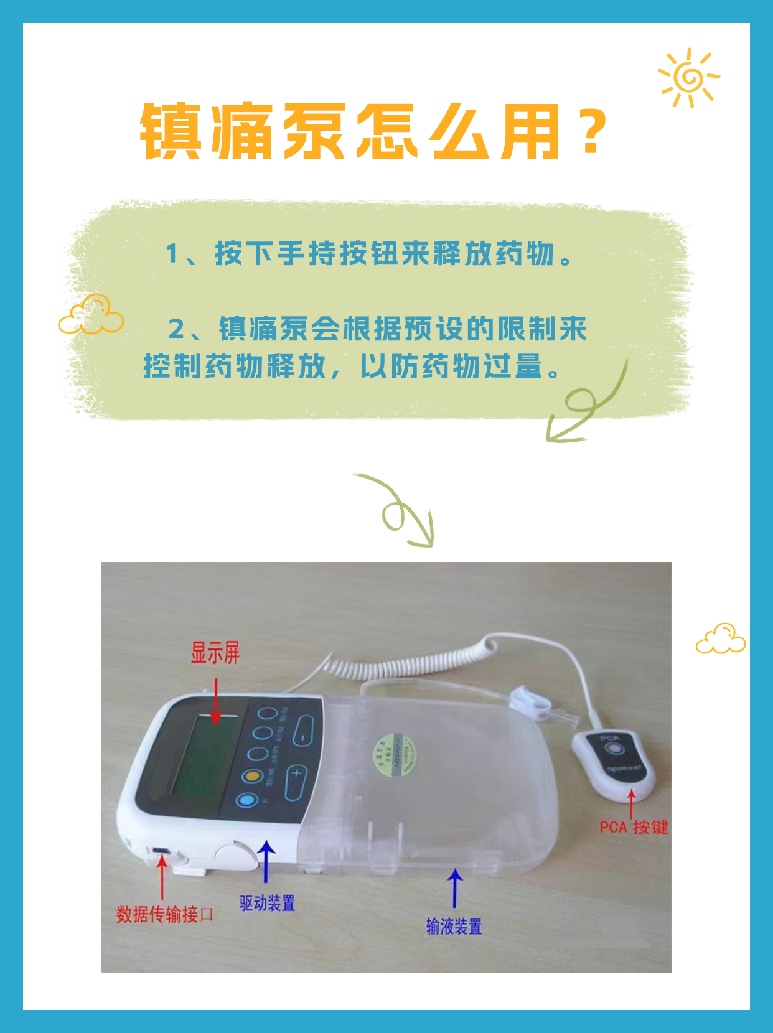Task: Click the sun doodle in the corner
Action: click(689, 78)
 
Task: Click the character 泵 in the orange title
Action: click(314, 132)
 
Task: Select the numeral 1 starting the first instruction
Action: click(172, 254)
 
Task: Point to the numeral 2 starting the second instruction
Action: click(177, 329)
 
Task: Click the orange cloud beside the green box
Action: click(91, 315)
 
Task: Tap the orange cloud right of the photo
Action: click(721, 639)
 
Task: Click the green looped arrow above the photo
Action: click(398, 510)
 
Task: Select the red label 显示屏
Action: click(215, 653)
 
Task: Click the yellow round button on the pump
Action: click(251, 776)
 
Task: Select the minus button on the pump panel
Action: click(303, 732)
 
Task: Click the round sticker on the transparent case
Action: click(395, 757)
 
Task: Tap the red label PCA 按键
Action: click(634, 828)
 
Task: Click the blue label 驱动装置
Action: click(267, 903)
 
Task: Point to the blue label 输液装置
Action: click(454, 927)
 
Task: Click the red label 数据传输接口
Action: click(165, 914)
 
